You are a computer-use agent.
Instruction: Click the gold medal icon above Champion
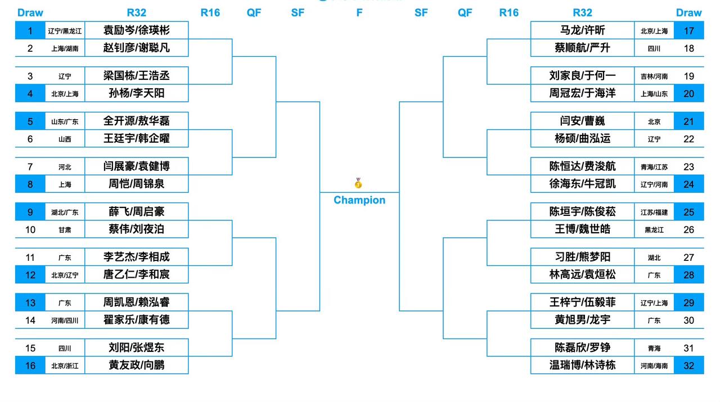pos(358,183)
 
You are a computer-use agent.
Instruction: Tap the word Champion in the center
pos(359,200)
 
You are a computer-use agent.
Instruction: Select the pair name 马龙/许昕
pos(582,30)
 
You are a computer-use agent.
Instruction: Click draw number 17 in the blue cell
pos(689,31)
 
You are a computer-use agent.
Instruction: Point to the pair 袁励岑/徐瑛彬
pos(136,30)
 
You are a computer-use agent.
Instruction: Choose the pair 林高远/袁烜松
pos(582,274)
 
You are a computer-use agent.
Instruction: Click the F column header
pos(359,12)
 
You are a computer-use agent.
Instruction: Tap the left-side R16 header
pos(210,12)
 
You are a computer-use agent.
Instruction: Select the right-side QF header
pos(465,12)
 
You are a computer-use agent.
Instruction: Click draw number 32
pos(689,365)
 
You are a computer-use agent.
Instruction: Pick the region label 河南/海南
pos(654,365)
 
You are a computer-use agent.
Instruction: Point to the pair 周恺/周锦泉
pos(136,184)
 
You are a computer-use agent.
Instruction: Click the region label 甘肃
pos(65,230)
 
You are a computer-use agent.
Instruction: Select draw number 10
pos(30,230)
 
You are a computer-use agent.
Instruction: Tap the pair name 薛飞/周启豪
pos(136,211)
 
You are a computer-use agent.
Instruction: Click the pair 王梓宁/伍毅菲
pos(582,302)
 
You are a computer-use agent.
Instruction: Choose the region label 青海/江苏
pos(654,167)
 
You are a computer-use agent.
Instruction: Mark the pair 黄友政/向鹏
pos(136,365)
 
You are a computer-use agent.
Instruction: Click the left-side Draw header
pos(30,12)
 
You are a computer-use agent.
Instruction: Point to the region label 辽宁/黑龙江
pos(65,31)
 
